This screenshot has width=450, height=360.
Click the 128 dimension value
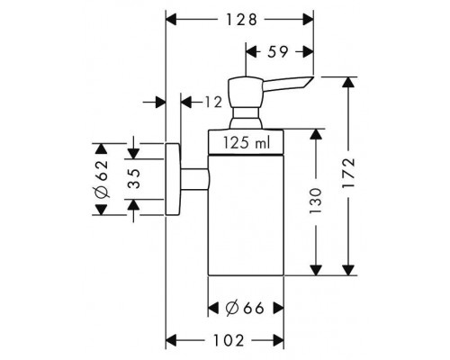(x=241, y=20)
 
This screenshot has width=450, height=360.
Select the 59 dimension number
(x=278, y=52)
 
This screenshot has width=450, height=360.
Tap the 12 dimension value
(x=213, y=102)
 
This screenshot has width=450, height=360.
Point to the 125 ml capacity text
(x=247, y=142)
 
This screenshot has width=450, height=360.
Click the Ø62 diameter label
(x=102, y=179)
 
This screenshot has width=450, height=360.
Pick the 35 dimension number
(x=134, y=178)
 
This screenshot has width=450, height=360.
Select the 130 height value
(x=315, y=201)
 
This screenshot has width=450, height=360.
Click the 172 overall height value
(x=348, y=173)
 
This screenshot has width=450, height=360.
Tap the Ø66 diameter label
(x=245, y=308)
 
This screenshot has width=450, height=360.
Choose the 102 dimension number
(x=229, y=340)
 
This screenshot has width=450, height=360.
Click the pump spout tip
(x=313, y=76)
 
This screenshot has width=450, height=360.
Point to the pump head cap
(x=246, y=93)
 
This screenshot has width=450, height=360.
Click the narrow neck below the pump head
(x=246, y=113)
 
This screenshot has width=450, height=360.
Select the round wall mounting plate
(x=173, y=179)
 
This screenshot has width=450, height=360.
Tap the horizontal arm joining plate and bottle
(x=195, y=179)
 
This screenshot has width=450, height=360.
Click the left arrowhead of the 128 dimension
(x=171, y=20)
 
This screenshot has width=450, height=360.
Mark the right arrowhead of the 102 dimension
(x=278, y=340)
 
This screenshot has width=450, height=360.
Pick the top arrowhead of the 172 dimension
(x=348, y=82)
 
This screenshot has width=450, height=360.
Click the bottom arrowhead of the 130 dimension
(x=315, y=270)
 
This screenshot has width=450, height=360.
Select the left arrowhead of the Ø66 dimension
(x=213, y=308)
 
